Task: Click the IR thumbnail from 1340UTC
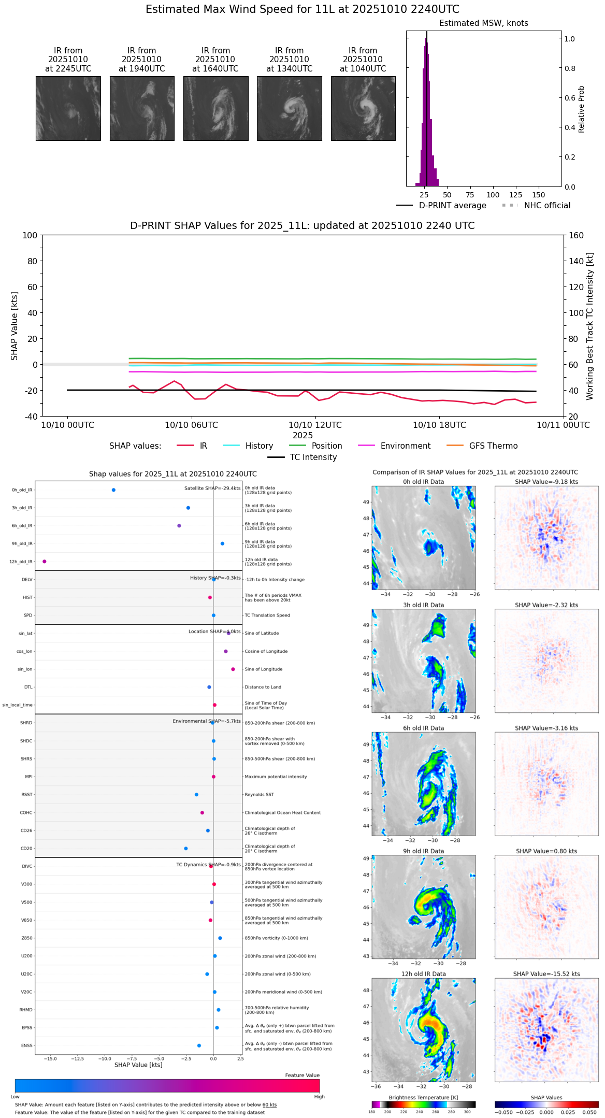click(x=289, y=108)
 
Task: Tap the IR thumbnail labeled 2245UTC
click(x=68, y=108)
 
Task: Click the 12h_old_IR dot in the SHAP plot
click(x=45, y=561)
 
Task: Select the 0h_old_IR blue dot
click(x=113, y=490)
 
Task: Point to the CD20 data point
click(x=186, y=848)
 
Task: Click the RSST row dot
click(x=196, y=794)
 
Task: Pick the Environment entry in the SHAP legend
click(x=405, y=446)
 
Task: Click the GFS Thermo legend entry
click(x=493, y=446)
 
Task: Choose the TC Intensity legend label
click(x=313, y=457)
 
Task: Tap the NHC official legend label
click(x=547, y=205)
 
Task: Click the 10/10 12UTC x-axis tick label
click(x=315, y=425)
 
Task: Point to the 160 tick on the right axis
click(x=577, y=235)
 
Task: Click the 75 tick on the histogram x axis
click(x=470, y=195)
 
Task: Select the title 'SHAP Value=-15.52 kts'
click(x=546, y=973)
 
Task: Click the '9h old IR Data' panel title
click(x=423, y=851)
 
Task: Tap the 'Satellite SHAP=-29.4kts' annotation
click(x=212, y=488)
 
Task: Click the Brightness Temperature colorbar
click(x=423, y=1104)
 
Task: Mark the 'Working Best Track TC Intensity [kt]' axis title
click(x=590, y=326)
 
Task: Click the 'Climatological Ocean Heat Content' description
click(x=283, y=812)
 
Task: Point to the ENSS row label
click(x=27, y=1045)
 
